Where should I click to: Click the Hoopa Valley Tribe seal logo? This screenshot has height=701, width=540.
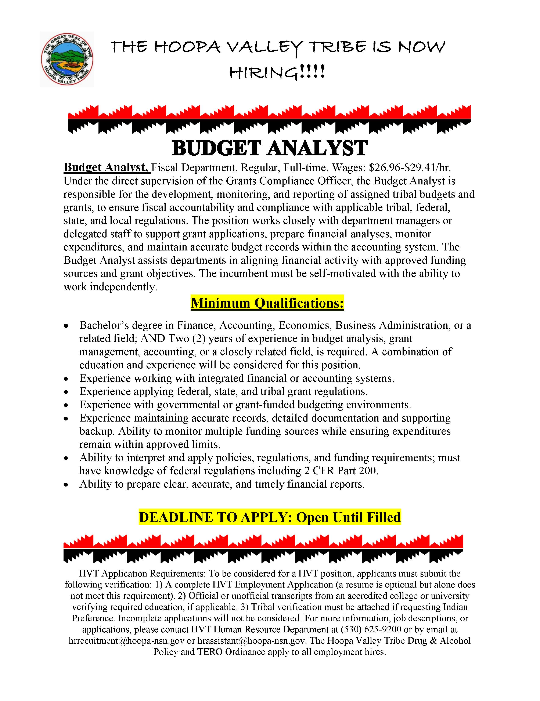(67, 59)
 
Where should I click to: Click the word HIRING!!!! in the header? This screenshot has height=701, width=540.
(277, 73)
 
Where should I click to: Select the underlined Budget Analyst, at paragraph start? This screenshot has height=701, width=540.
(107, 167)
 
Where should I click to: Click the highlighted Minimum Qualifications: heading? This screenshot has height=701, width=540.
(267, 303)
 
